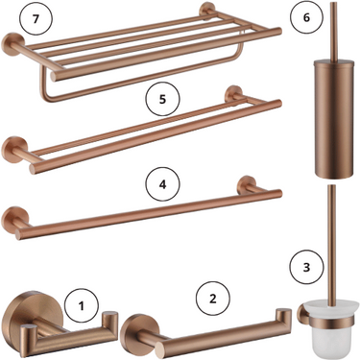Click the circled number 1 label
81,305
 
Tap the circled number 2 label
213,299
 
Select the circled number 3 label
306,267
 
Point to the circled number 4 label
162,185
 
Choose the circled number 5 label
162,99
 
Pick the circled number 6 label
306,17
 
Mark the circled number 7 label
36,18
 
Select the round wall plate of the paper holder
133,332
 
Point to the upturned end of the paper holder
283,318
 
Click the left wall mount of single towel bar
12,218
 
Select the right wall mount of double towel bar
233,95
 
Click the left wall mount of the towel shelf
12,44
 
